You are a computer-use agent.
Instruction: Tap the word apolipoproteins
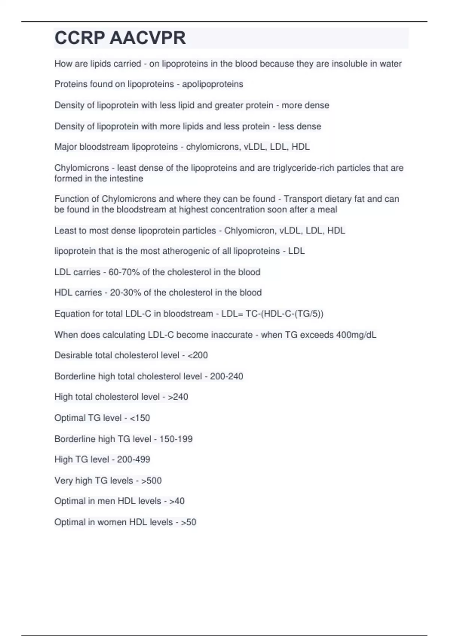[x=213, y=84]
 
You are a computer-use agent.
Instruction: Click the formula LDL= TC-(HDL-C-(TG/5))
[x=272, y=314]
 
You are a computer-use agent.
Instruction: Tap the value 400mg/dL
[x=356, y=334]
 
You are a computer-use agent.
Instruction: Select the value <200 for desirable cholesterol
[x=198, y=355]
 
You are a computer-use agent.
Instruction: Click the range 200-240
[x=226, y=376]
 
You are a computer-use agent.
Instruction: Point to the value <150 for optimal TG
[x=140, y=418]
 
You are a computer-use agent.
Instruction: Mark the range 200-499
[x=134, y=459]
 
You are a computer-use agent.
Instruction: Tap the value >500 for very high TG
[x=151, y=480]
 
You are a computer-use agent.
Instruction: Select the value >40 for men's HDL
[x=177, y=501]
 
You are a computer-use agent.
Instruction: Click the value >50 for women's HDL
[x=189, y=522]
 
